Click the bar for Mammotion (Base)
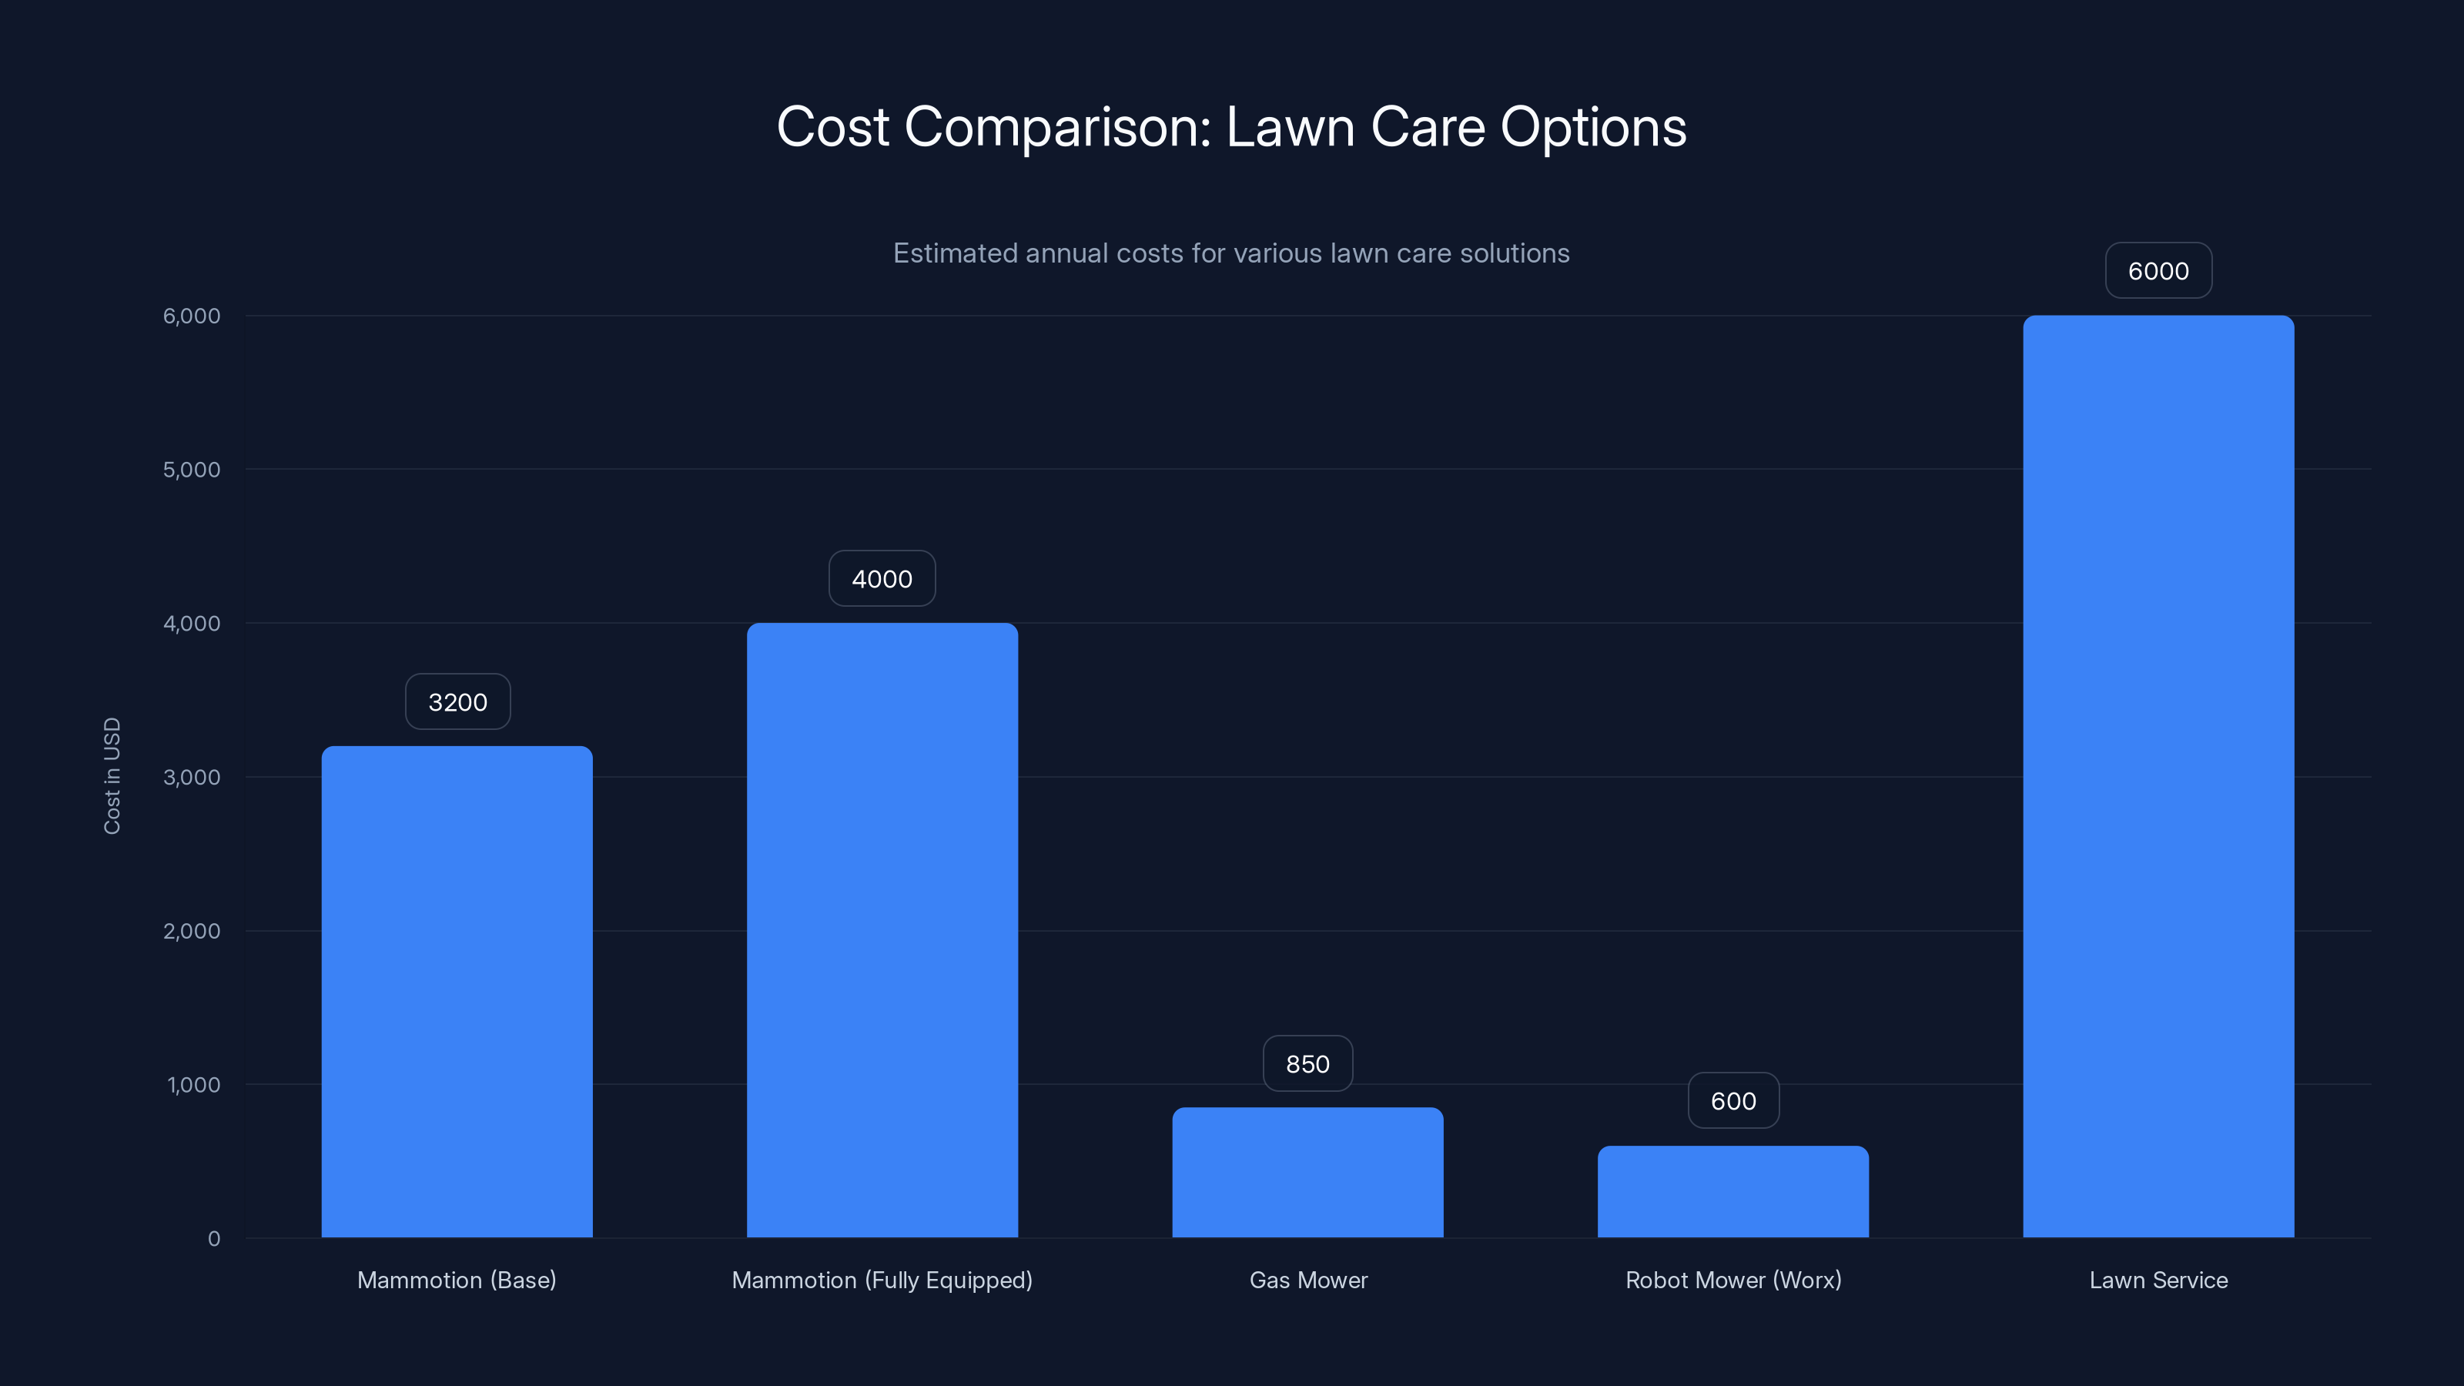(457, 991)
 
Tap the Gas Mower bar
(1307, 1172)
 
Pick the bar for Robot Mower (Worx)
(1732, 1191)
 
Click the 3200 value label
(457, 702)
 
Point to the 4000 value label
(882, 579)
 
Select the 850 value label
(1307, 1063)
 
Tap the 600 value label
(1733, 1101)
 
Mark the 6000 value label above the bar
(2158, 271)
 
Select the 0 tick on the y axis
(213, 1239)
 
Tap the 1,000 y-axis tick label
(193, 1085)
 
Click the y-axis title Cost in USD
(112, 775)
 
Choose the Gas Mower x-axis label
(1307, 1280)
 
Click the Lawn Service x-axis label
(2158, 1280)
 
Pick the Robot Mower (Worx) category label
(1732, 1280)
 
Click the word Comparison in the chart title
(1057, 127)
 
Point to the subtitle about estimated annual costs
(1231, 253)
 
